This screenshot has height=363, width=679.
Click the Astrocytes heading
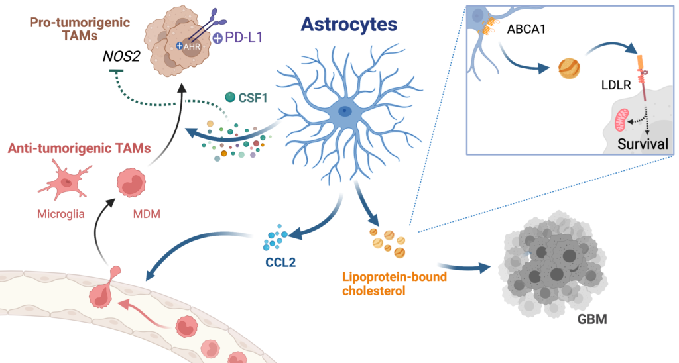tap(349, 25)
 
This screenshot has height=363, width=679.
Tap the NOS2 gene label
tap(121, 57)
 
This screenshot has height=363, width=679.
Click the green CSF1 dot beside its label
tap(230, 97)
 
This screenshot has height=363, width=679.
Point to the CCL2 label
tap(281, 262)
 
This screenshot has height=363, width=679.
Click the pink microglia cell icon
tap(65, 180)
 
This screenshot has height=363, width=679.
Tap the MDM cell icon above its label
tap(131, 183)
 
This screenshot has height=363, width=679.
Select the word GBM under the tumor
tap(592, 319)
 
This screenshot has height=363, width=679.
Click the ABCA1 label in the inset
tap(526, 30)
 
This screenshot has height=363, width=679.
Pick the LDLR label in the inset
tap(616, 85)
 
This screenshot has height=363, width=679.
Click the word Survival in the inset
tap(643, 144)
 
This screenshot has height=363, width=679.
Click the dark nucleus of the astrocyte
tap(345, 111)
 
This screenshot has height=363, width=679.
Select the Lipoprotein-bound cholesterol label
tap(395, 284)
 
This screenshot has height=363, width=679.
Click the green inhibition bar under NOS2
tap(117, 70)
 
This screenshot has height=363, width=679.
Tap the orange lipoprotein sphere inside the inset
tap(569, 68)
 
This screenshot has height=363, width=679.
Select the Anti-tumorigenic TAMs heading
tap(80, 148)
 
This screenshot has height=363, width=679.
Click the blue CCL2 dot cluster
tap(275, 238)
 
